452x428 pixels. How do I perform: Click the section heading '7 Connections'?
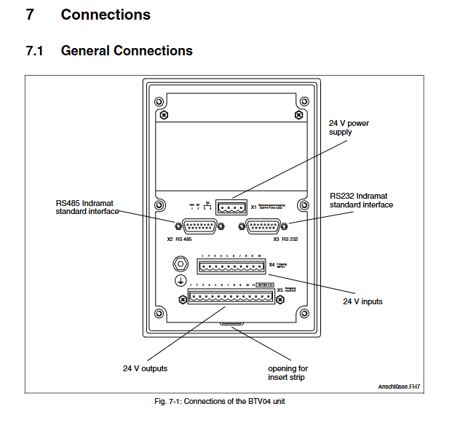pyautogui.click(x=88, y=15)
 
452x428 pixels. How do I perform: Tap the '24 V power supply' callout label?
pyautogui.click(x=349, y=127)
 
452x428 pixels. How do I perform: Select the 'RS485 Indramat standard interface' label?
pyautogui.click(x=87, y=207)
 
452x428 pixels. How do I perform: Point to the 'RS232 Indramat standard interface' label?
pyautogui.click(x=361, y=200)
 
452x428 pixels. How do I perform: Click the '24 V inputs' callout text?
pyautogui.click(x=362, y=301)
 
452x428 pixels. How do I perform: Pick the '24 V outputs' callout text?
pyautogui.click(x=145, y=368)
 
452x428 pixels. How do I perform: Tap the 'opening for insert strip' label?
pyautogui.click(x=288, y=373)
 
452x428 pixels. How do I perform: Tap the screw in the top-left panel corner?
pyautogui.click(x=165, y=115)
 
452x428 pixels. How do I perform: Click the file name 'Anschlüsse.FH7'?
pyautogui.click(x=398, y=387)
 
